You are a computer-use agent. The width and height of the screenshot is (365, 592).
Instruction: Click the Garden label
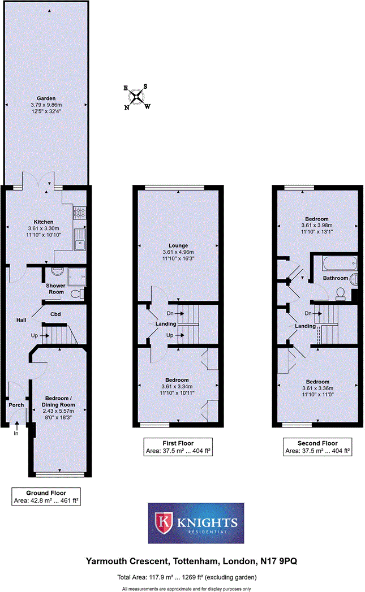[x=46, y=98]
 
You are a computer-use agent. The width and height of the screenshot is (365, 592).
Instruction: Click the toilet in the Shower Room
[x=79, y=294]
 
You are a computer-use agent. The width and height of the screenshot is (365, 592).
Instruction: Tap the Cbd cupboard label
[x=55, y=314]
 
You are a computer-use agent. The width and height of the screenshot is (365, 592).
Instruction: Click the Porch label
[x=16, y=405]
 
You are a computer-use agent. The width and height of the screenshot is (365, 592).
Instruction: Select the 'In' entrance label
[x=16, y=434]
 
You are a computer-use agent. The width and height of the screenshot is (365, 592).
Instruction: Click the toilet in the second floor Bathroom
[x=341, y=292]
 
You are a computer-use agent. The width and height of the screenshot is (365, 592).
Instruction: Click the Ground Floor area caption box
[x=46, y=496]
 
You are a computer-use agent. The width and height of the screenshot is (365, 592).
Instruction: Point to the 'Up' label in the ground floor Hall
[x=35, y=336]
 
